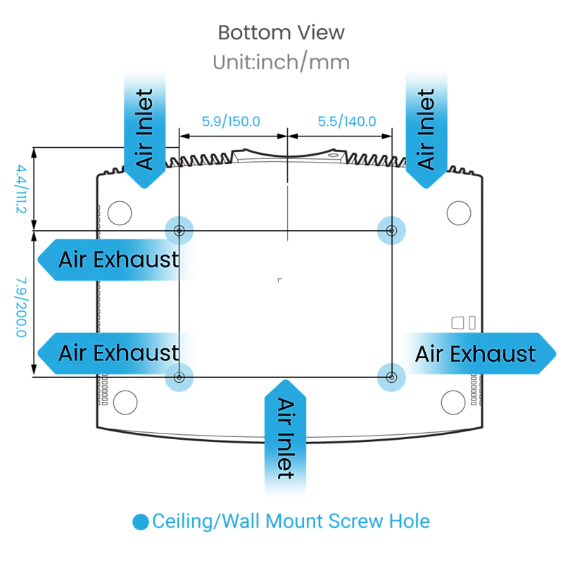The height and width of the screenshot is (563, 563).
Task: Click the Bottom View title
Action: (281, 32)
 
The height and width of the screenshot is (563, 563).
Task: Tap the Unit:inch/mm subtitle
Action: (281, 62)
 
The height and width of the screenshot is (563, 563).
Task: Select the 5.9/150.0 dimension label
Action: (231, 121)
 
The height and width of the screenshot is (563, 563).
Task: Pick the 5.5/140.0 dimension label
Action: (347, 121)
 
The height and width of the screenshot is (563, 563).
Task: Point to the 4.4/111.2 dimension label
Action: (21, 189)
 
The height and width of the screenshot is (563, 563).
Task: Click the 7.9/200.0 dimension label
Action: (21, 307)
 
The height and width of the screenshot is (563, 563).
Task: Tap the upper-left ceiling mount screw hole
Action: (179, 231)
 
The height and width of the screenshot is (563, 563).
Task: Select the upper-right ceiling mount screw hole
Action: (391, 231)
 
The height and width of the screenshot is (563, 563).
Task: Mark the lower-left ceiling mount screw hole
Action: (179, 377)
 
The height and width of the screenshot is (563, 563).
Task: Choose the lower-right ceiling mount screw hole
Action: (391, 377)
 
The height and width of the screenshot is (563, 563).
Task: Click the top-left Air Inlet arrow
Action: (145, 129)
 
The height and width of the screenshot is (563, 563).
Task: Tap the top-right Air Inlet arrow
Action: (426, 129)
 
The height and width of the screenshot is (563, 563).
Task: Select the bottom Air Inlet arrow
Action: (286, 438)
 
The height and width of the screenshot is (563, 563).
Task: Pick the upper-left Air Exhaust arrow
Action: (115, 260)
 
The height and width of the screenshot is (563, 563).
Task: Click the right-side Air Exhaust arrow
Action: (478, 354)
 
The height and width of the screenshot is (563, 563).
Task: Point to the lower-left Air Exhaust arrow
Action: (115, 353)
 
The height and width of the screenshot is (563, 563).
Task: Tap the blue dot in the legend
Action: (140, 522)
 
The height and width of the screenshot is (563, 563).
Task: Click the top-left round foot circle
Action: (120, 213)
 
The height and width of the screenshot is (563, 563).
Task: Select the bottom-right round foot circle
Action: (453, 403)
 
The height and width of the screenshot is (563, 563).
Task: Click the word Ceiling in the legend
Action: (182, 521)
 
